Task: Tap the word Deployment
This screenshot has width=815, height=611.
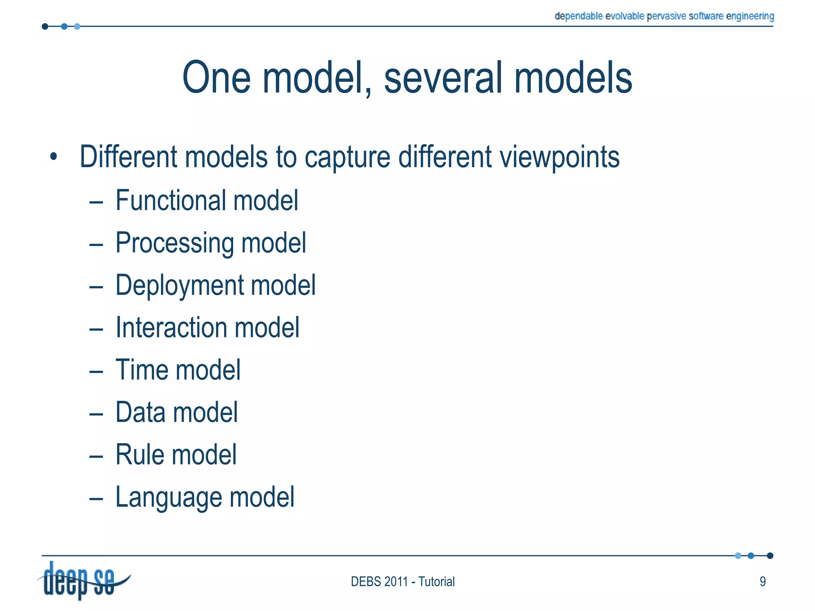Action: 179,285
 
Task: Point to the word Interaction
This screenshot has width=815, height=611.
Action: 171,327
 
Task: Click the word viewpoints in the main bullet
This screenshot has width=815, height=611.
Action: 560,157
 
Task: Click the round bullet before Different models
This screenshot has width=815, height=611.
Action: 54,157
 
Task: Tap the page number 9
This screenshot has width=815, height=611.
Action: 762,582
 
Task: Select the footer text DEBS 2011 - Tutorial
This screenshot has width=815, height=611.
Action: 402,582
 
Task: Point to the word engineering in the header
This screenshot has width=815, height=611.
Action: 750,16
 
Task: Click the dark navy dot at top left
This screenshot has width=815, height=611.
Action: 45,27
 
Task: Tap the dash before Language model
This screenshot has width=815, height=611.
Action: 96,498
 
